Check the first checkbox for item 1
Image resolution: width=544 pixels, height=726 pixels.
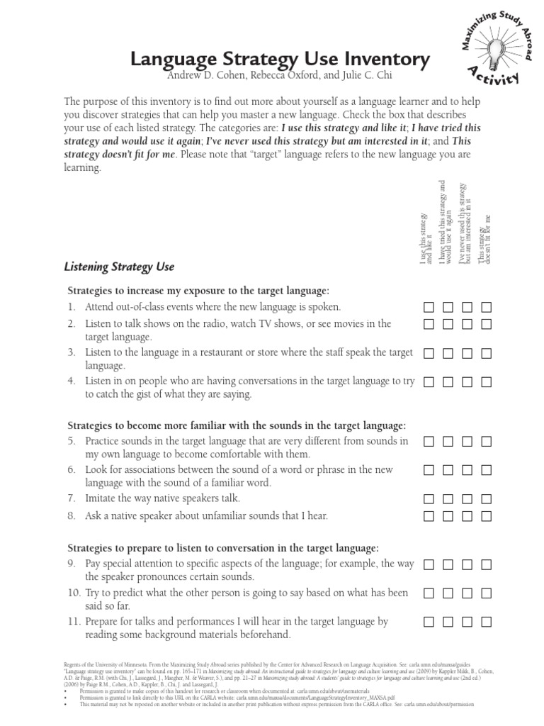click(429, 307)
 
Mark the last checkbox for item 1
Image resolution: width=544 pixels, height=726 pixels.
click(486, 307)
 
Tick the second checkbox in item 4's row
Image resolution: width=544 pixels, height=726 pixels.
click(448, 381)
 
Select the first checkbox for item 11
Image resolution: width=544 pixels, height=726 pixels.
click(429, 622)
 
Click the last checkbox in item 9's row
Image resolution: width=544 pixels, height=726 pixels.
click(486, 564)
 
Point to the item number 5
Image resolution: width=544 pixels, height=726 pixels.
click(72, 441)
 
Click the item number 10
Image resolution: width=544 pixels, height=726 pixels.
click(74, 593)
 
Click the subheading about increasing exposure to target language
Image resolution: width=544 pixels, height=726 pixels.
click(198, 291)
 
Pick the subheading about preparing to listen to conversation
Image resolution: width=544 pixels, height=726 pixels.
click(223, 549)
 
